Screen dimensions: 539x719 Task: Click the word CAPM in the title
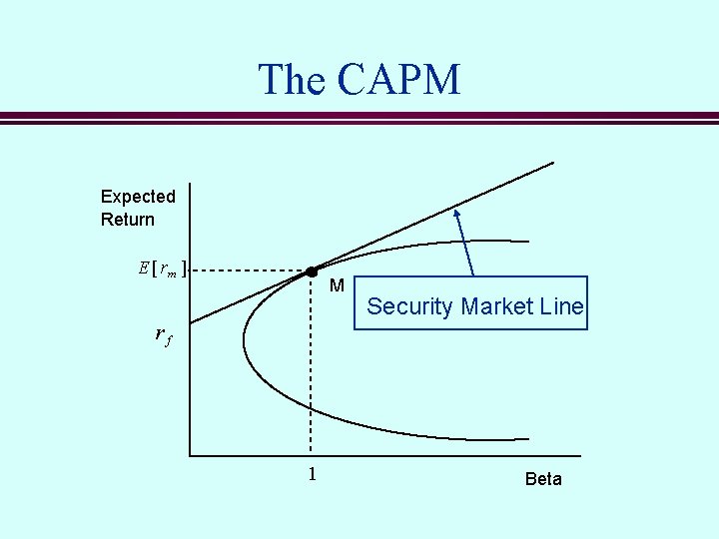pos(398,80)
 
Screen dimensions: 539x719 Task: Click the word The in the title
pos(291,80)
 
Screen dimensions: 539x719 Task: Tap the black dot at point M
pos(312,271)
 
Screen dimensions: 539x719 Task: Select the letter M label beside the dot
pos(337,286)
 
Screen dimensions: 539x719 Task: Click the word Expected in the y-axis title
pos(138,197)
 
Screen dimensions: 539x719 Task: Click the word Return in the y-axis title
pos(128,219)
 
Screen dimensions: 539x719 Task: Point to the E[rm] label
pos(162,269)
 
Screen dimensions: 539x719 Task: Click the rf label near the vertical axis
pos(164,336)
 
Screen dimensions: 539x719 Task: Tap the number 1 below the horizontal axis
pos(312,474)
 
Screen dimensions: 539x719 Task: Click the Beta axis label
pos(543,479)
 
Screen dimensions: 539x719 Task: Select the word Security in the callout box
pos(409,306)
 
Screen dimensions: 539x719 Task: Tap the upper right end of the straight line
pos(553,162)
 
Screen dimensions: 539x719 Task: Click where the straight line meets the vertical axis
pos(190,322)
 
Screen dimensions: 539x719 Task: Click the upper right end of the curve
pos(528,241)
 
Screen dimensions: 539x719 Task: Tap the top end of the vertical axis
pos(190,184)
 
